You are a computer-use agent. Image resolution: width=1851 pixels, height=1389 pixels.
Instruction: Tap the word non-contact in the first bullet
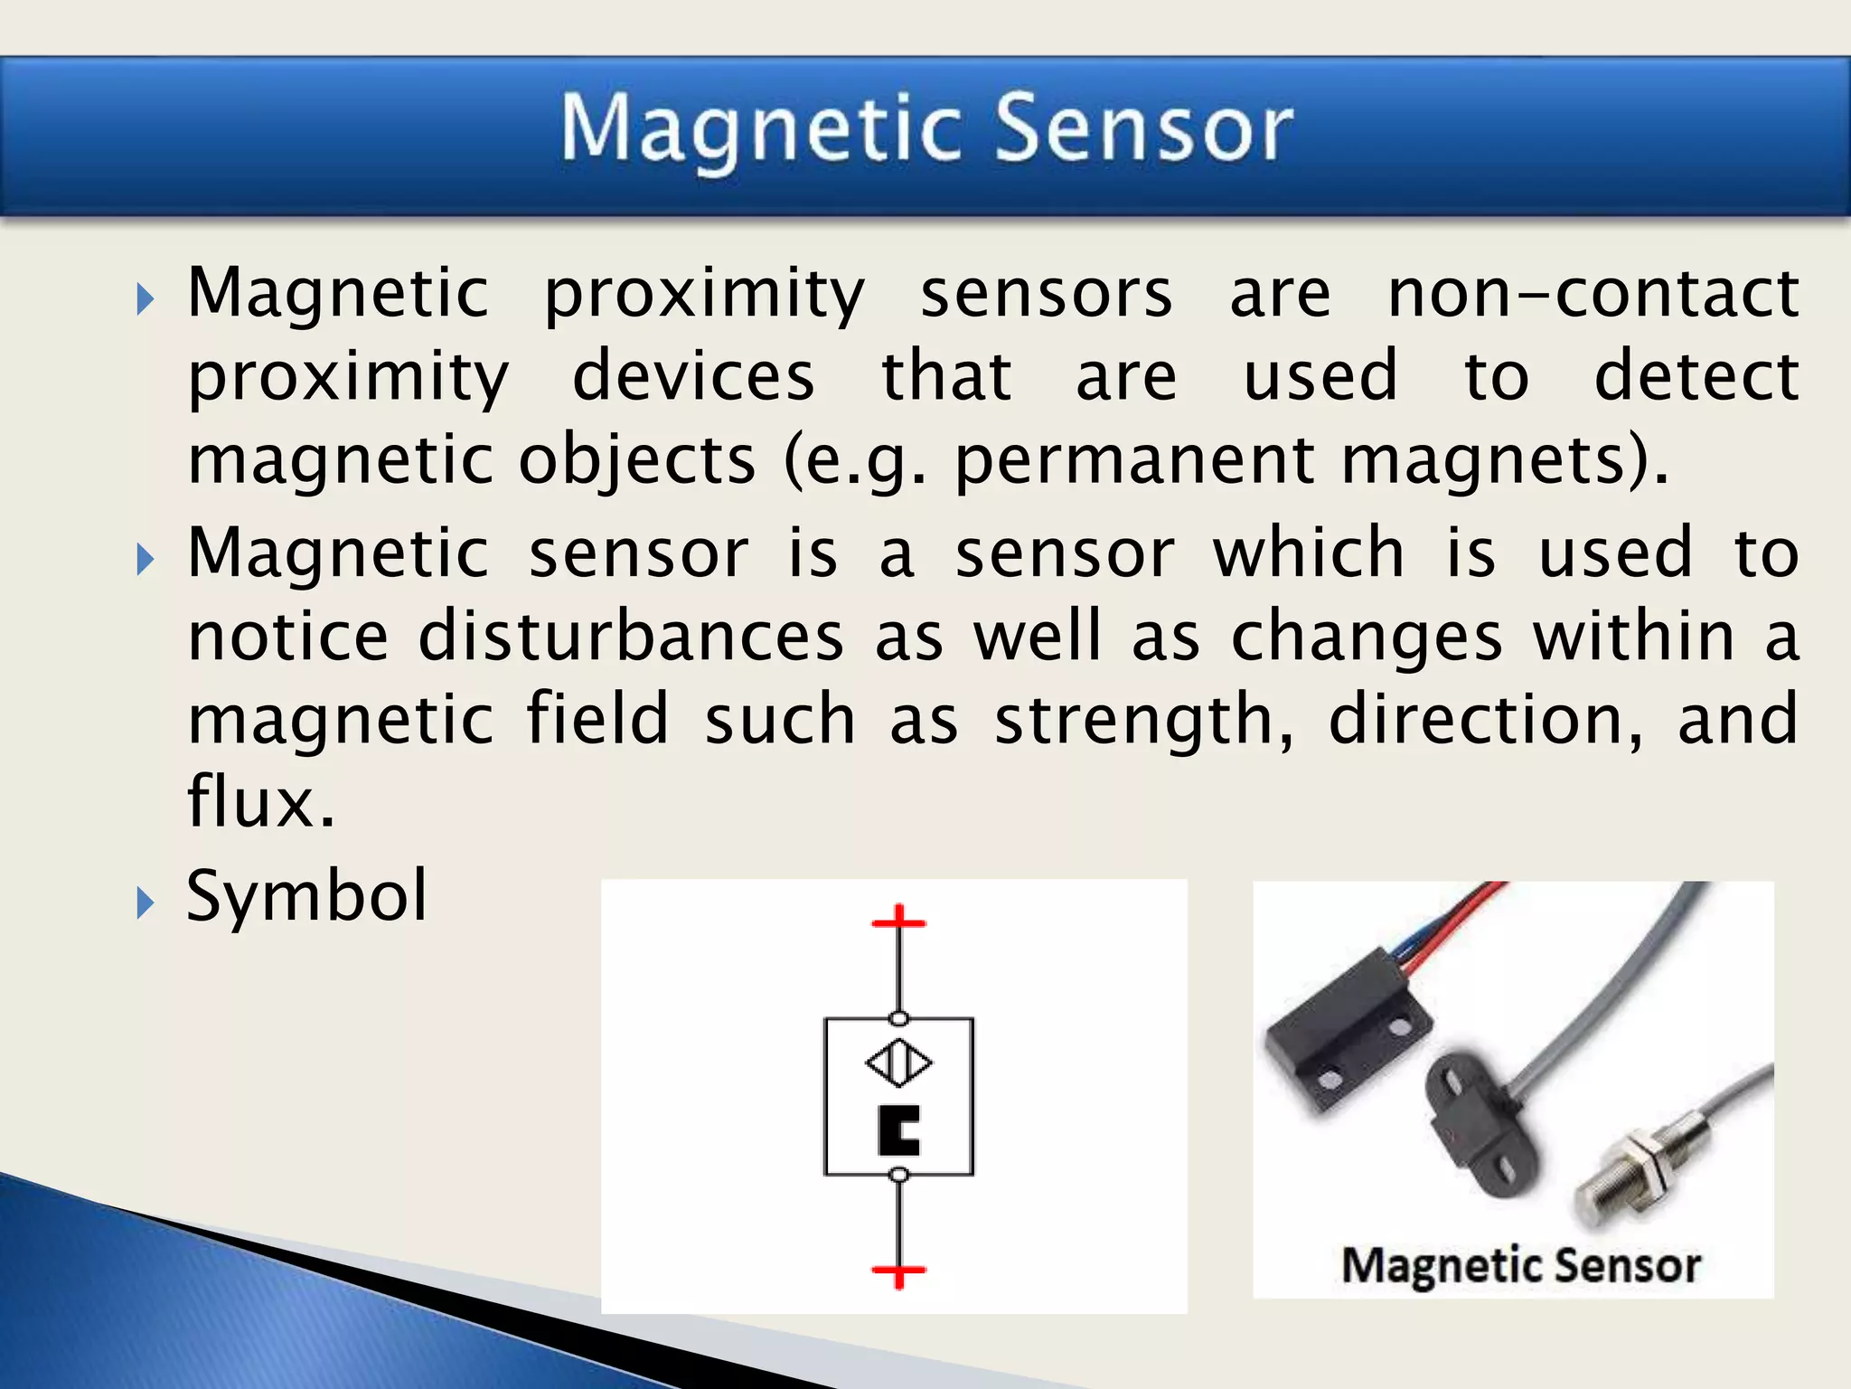click(x=1593, y=294)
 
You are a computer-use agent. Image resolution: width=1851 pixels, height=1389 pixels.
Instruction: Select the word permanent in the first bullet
click(x=1134, y=461)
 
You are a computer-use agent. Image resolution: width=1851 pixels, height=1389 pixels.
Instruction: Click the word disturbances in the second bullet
click(x=631, y=637)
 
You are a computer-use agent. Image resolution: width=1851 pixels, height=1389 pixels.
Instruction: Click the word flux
click(x=260, y=801)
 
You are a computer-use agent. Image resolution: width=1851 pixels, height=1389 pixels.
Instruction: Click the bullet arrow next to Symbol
click(x=146, y=902)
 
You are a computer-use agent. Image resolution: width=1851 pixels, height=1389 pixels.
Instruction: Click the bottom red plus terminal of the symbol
click(x=898, y=1272)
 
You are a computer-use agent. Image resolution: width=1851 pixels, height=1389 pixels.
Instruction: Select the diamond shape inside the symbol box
click(x=898, y=1063)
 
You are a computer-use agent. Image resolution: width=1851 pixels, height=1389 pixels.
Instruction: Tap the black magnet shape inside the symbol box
click(x=897, y=1130)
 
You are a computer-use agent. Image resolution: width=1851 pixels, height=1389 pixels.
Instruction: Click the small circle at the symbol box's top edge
click(x=898, y=1019)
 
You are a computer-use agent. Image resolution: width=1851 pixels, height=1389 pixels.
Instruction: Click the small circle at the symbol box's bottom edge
click(x=898, y=1175)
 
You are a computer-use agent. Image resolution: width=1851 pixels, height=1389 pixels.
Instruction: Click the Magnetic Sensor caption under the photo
click(x=1520, y=1265)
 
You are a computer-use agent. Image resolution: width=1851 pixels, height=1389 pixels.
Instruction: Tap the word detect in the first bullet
click(x=1696, y=377)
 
